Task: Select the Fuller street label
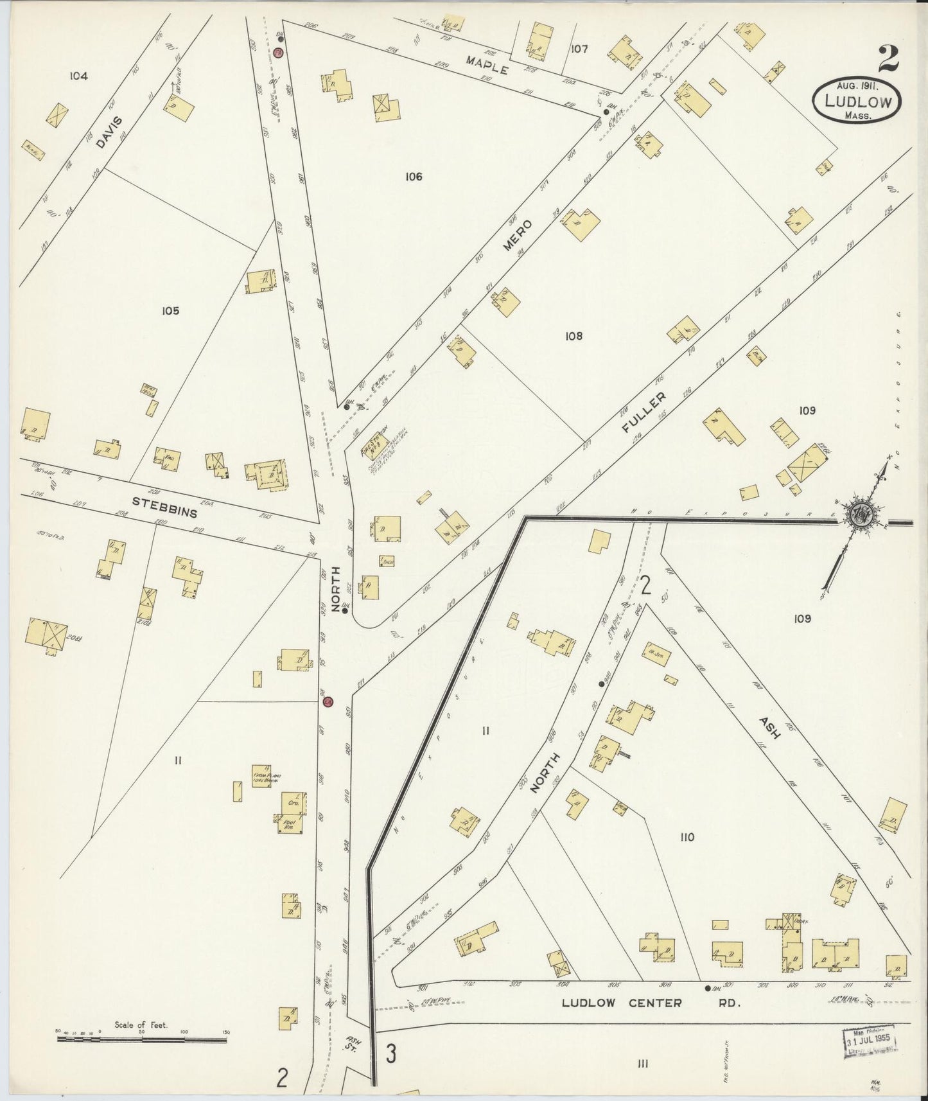(x=645, y=412)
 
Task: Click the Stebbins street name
(x=164, y=506)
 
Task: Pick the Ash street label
(x=769, y=727)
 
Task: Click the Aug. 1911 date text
(x=857, y=85)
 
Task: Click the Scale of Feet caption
(x=141, y=1025)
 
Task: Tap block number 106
(x=414, y=176)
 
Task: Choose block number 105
(x=170, y=311)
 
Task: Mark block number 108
(x=573, y=335)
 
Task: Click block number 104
(x=78, y=76)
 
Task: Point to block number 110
(x=687, y=836)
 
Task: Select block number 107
(x=579, y=48)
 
